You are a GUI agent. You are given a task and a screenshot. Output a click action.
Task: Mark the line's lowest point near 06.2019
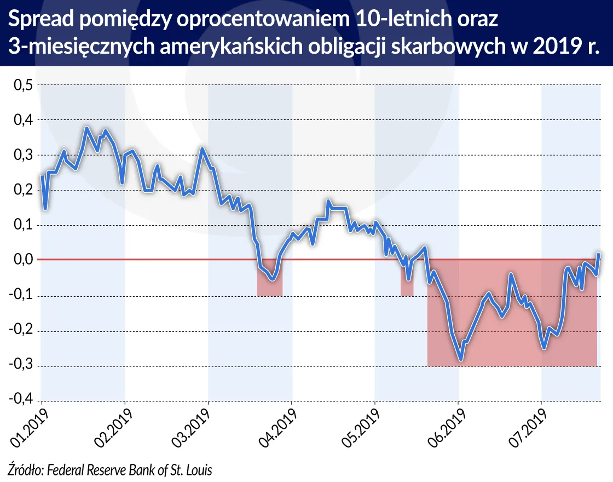[x=461, y=360]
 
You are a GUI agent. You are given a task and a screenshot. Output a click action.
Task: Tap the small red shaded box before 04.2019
[x=269, y=288]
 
